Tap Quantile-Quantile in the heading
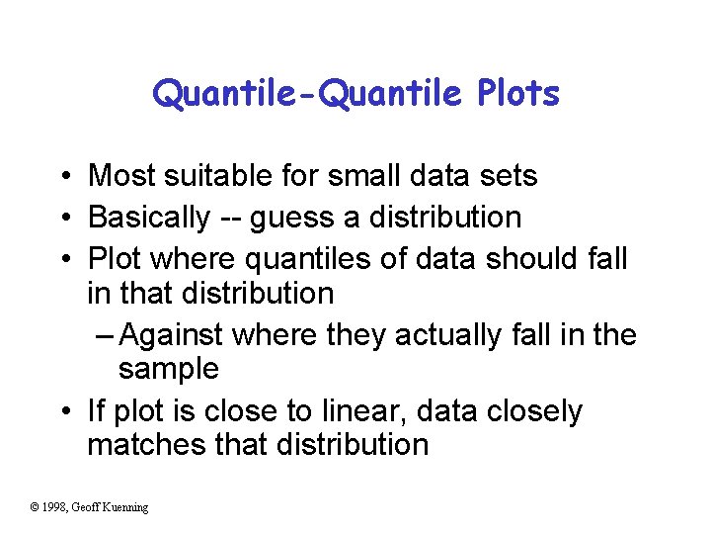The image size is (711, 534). [307, 94]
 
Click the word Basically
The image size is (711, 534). [149, 217]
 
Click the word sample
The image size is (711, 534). [168, 370]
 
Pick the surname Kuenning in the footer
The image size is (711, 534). [125, 507]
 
